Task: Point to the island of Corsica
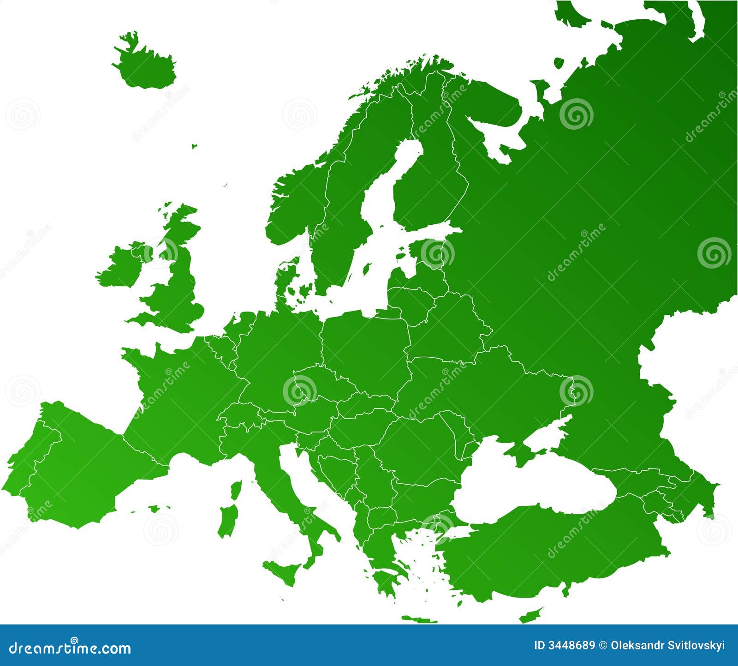click(x=236, y=491)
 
